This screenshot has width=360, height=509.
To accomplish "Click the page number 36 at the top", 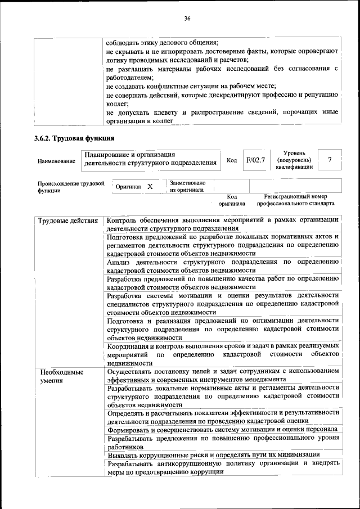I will click(187, 19).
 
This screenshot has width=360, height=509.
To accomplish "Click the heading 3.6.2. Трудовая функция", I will click(74, 138).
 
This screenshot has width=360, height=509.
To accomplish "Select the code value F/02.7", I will click(255, 160).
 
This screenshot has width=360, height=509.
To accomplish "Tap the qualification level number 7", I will click(330, 160).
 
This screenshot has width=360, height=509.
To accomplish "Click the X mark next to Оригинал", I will click(150, 187).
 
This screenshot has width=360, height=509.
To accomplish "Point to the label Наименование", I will click(56, 161).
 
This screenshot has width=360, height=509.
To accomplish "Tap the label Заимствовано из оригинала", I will click(187, 186).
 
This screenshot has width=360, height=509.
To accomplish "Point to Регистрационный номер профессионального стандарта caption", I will click(295, 200).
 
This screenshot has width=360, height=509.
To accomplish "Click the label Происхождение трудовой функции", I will click(71, 187).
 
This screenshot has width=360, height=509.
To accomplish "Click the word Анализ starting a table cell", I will click(120, 262).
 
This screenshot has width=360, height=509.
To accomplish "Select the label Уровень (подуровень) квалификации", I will click(294, 160).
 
